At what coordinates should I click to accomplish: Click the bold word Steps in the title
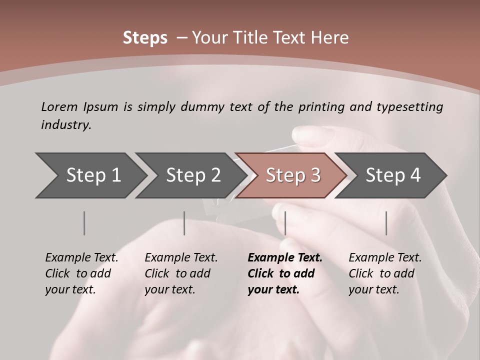[x=145, y=38]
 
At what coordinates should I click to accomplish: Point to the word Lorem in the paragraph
[x=59, y=106]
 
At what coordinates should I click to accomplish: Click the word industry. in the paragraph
[x=66, y=125]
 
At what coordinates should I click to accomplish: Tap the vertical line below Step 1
[x=84, y=223]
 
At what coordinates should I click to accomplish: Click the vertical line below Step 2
[x=184, y=223]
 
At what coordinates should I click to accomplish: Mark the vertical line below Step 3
[x=285, y=223]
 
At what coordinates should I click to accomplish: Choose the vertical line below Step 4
[x=386, y=223]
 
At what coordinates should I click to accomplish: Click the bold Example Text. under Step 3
[x=285, y=258]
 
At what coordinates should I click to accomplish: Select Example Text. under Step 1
[x=81, y=258]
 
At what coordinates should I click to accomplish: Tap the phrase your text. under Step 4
[x=373, y=289]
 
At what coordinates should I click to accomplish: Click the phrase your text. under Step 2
[x=169, y=289]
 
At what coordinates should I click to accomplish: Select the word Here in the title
[x=330, y=38]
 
